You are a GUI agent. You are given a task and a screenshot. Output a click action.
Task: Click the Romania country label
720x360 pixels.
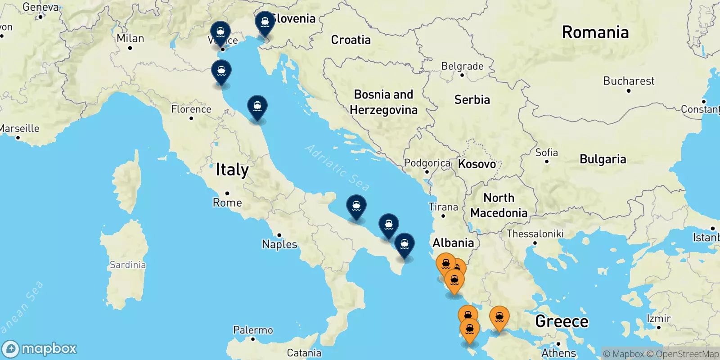[x=595, y=32]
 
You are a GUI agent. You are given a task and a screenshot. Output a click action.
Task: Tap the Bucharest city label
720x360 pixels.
[x=629, y=81]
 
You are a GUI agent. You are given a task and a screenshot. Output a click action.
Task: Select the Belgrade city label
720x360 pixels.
[x=462, y=66]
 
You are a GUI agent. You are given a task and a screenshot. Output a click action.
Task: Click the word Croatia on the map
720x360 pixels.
[x=351, y=40]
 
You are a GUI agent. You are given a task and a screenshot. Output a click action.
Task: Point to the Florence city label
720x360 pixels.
[x=191, y=109]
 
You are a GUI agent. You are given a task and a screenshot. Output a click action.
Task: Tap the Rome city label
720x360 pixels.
[x=227, y=202]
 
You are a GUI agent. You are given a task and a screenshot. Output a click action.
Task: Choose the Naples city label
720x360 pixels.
[x=279, y=244]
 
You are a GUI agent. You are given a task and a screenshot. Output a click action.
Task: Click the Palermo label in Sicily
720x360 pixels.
[x=253, y=330]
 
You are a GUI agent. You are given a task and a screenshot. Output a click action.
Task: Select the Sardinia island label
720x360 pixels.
[x=128, y=265]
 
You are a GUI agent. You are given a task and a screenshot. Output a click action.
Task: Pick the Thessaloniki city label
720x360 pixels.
[x=535, y=234]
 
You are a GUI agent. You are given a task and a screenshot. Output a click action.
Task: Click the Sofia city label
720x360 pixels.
[x=546, y=153]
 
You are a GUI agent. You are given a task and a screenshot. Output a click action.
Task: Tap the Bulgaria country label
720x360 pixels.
[x=603, y=159]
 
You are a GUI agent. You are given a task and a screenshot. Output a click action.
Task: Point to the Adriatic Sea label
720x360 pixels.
[x=337, y=167]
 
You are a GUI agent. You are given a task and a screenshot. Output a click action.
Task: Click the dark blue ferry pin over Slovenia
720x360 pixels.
[x=265, y=22]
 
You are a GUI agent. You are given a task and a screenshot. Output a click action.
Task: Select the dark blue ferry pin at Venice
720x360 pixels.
[x=220, y=33]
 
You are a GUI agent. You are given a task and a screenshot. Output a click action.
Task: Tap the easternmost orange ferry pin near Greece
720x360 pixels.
[x=499, y=317]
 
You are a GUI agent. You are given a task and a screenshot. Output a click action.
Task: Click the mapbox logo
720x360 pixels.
[x=40, y=349]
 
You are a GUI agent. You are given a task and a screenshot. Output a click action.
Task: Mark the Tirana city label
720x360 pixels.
[x=443, y=207]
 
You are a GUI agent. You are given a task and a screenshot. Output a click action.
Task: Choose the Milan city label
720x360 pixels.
[x=130, y=38]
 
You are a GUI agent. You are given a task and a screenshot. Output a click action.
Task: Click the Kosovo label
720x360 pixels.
[x=477, y=164]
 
